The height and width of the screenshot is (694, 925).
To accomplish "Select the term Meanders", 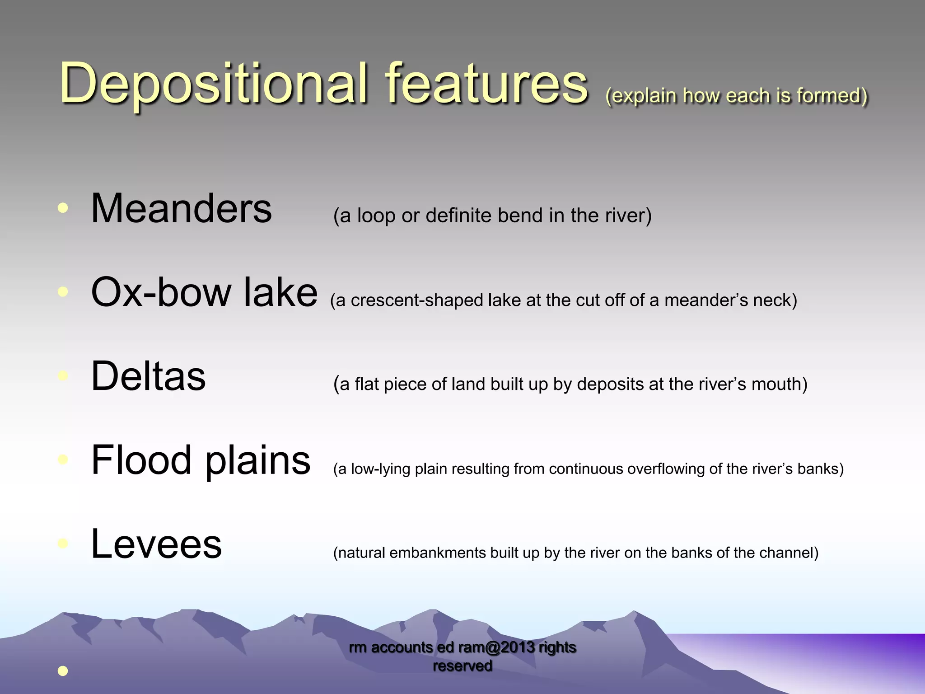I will (181, 208).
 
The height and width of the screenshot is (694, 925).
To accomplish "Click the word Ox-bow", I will (160, 292).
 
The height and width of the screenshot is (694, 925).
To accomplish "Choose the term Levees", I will (156, 544).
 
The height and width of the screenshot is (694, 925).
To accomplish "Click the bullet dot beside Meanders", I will (63, 208).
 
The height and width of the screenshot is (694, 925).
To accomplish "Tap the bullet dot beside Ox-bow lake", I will (63, 292).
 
